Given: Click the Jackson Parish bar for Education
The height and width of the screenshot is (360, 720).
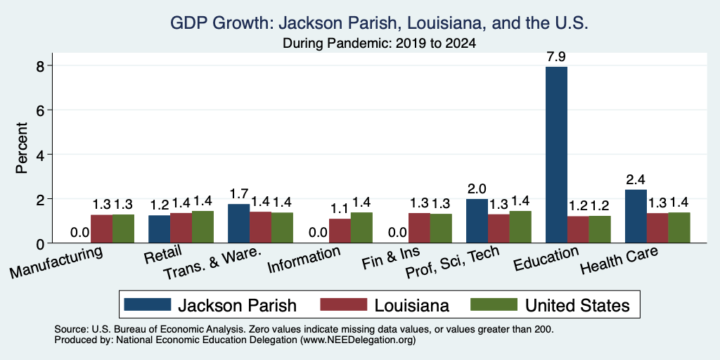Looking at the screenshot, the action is coord(556,155).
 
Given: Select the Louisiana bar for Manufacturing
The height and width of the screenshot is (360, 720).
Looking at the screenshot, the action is coord(101,229).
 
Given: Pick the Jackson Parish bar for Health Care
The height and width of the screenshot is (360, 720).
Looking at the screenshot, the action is coord(636,217).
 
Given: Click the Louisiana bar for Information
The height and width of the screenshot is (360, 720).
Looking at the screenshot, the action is coord(340,231).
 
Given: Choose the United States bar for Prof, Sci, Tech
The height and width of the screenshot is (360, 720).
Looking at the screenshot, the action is coord(520,227).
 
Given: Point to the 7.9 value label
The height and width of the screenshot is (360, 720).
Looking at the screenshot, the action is coord(556,57).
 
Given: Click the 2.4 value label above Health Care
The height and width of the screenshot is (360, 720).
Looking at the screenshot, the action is coord(636,179).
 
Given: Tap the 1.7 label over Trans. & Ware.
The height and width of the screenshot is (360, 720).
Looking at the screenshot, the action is coord(239,194).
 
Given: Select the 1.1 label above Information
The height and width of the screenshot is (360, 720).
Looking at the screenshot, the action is coord(340,209).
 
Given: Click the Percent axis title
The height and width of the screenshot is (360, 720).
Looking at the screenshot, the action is coord(22,148).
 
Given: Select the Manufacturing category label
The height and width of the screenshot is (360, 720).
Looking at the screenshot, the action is coord(56,262).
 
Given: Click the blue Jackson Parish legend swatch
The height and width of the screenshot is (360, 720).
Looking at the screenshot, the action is coord(148,304).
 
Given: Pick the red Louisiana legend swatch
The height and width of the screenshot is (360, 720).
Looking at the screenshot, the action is coord(343,304).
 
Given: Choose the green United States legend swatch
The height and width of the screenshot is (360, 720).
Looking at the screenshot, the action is coord(494,304).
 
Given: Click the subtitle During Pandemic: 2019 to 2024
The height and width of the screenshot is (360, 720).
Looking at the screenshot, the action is coord(379,43).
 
